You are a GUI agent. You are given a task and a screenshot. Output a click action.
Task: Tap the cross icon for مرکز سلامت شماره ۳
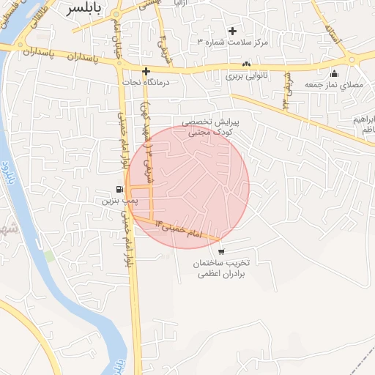(x=233, y=31)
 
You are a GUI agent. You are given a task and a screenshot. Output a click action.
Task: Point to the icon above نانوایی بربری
(x=246, y=64)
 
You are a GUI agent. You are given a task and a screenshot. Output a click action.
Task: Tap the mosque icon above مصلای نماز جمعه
(x=335, y=73)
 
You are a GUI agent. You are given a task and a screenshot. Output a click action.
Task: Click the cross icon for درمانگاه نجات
(x=146, y=71)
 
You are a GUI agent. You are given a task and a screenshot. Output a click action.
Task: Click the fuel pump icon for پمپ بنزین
(x=119, y=188)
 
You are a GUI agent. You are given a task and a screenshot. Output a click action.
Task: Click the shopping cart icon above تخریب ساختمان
(x=221, y=251)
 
